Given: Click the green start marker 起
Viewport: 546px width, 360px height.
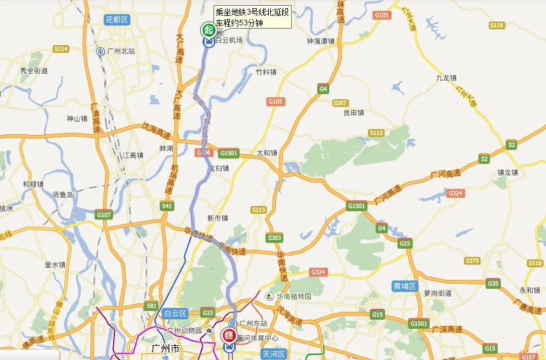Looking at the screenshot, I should [x=208, y=29].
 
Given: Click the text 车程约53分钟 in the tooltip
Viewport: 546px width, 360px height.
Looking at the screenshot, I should [x=239, y=23].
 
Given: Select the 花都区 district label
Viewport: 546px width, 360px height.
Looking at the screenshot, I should [x=117, y=20].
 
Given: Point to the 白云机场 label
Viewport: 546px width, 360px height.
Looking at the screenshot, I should [x=229, y=40].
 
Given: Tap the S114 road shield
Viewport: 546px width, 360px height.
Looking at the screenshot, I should [x=61, y=49].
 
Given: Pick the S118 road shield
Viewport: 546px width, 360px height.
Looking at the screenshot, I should [x=496, y=25].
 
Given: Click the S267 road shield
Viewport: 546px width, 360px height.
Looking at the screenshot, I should [x=340, y=103].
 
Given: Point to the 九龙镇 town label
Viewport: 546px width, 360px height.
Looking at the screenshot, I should [x=446, y=78].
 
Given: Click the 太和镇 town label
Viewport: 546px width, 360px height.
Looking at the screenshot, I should [x=267, y=153].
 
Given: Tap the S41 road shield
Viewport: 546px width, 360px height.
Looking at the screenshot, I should [x=167, y=205].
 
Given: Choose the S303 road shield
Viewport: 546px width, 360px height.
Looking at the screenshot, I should [x=275, y=238].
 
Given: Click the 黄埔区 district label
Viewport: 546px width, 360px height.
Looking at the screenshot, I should [x=404, y=286].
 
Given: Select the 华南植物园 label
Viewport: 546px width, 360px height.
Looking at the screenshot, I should [x=294, y=296].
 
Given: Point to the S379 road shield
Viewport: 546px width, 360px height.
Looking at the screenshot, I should [x=472, y=261].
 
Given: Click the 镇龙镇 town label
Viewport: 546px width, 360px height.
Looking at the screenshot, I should [x=508, y=172].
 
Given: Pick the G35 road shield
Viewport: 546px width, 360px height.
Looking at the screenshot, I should [x=493, y=284].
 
